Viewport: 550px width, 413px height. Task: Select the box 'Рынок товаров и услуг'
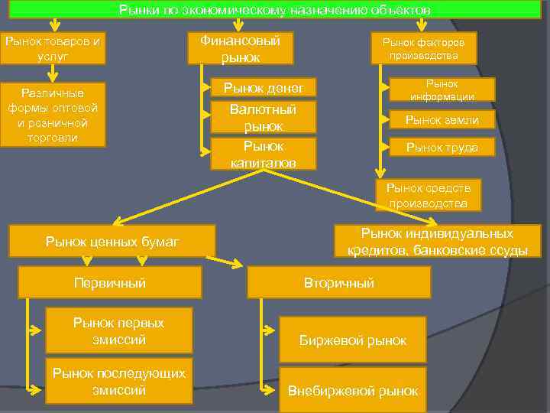(x=52, y=47)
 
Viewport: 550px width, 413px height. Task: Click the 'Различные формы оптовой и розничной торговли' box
(x=52, y=114)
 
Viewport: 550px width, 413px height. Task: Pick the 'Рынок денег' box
(x=263, y=89)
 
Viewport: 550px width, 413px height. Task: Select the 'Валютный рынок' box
(x=263, y=118)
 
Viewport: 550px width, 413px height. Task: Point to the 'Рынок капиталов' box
(x=263, y=154)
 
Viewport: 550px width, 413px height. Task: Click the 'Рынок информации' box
(x=442, y=89)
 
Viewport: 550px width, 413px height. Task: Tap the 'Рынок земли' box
(x=442, y=119)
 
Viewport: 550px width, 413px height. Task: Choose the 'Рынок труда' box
(x=442, y=147)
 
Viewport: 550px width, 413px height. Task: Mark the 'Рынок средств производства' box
(x=428, y=195)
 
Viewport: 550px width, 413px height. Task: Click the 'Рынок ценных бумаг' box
(x=112, y=242)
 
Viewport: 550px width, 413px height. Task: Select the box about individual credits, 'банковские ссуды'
(x=437, y=242)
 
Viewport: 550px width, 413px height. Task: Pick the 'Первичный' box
(x=109, y=282)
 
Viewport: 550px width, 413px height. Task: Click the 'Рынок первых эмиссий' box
(x=118, y=330)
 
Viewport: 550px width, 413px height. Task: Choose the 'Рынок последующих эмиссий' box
(x=118, y=380)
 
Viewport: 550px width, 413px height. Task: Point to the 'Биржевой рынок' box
(x=352, y=340)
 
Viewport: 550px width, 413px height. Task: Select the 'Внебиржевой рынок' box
(x=352, y=390)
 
